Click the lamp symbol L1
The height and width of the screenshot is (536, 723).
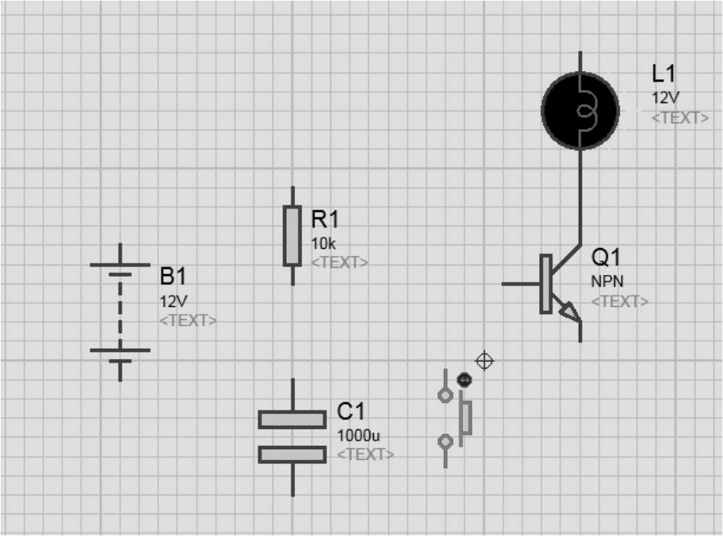(x=580, y=111)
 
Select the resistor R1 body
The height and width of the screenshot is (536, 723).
(x=292, y=236)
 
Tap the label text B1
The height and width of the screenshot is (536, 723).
(x=173, y=277)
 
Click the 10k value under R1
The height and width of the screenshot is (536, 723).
(x=324, y=243)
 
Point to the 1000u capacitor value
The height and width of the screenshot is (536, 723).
(x=359, y=435)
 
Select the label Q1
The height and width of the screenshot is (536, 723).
(x=606, y=257)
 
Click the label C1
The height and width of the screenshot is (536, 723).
(x=351, y=413)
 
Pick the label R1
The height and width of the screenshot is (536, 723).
(x=325, y=219)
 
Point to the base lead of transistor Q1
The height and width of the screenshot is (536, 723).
(x=520, y=284)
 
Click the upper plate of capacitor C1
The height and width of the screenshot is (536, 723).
(x=292, y=420)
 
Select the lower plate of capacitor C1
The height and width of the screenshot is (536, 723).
(x=292, y=454)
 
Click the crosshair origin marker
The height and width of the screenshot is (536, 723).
(x=485, y=360)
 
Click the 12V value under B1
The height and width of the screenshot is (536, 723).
(x=173, y=300)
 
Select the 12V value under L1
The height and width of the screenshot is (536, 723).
(x=666, y=98)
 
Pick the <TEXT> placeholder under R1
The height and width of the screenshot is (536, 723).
(x=339, y=263)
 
